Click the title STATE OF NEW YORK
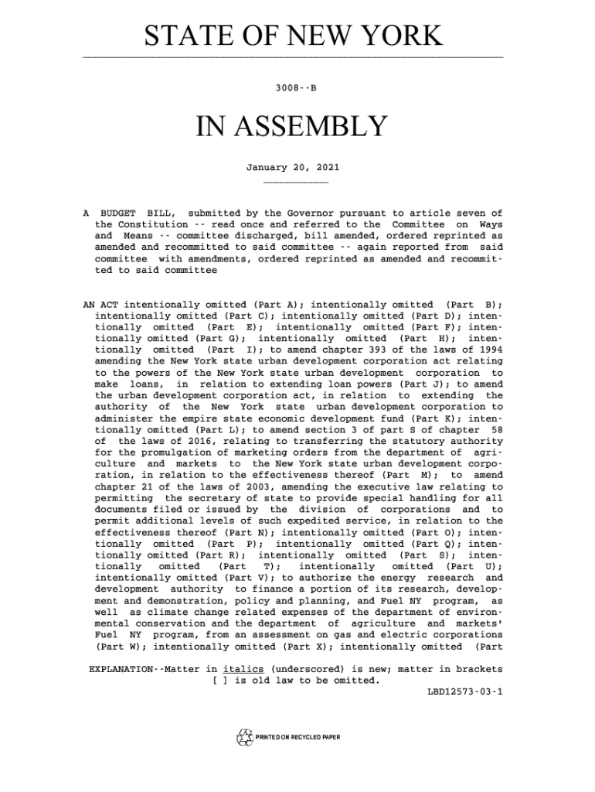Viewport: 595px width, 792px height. [x=293, y=37]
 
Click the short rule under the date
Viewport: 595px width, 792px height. [x=295, y=183]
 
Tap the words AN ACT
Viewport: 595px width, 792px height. [x=100, y=303]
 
